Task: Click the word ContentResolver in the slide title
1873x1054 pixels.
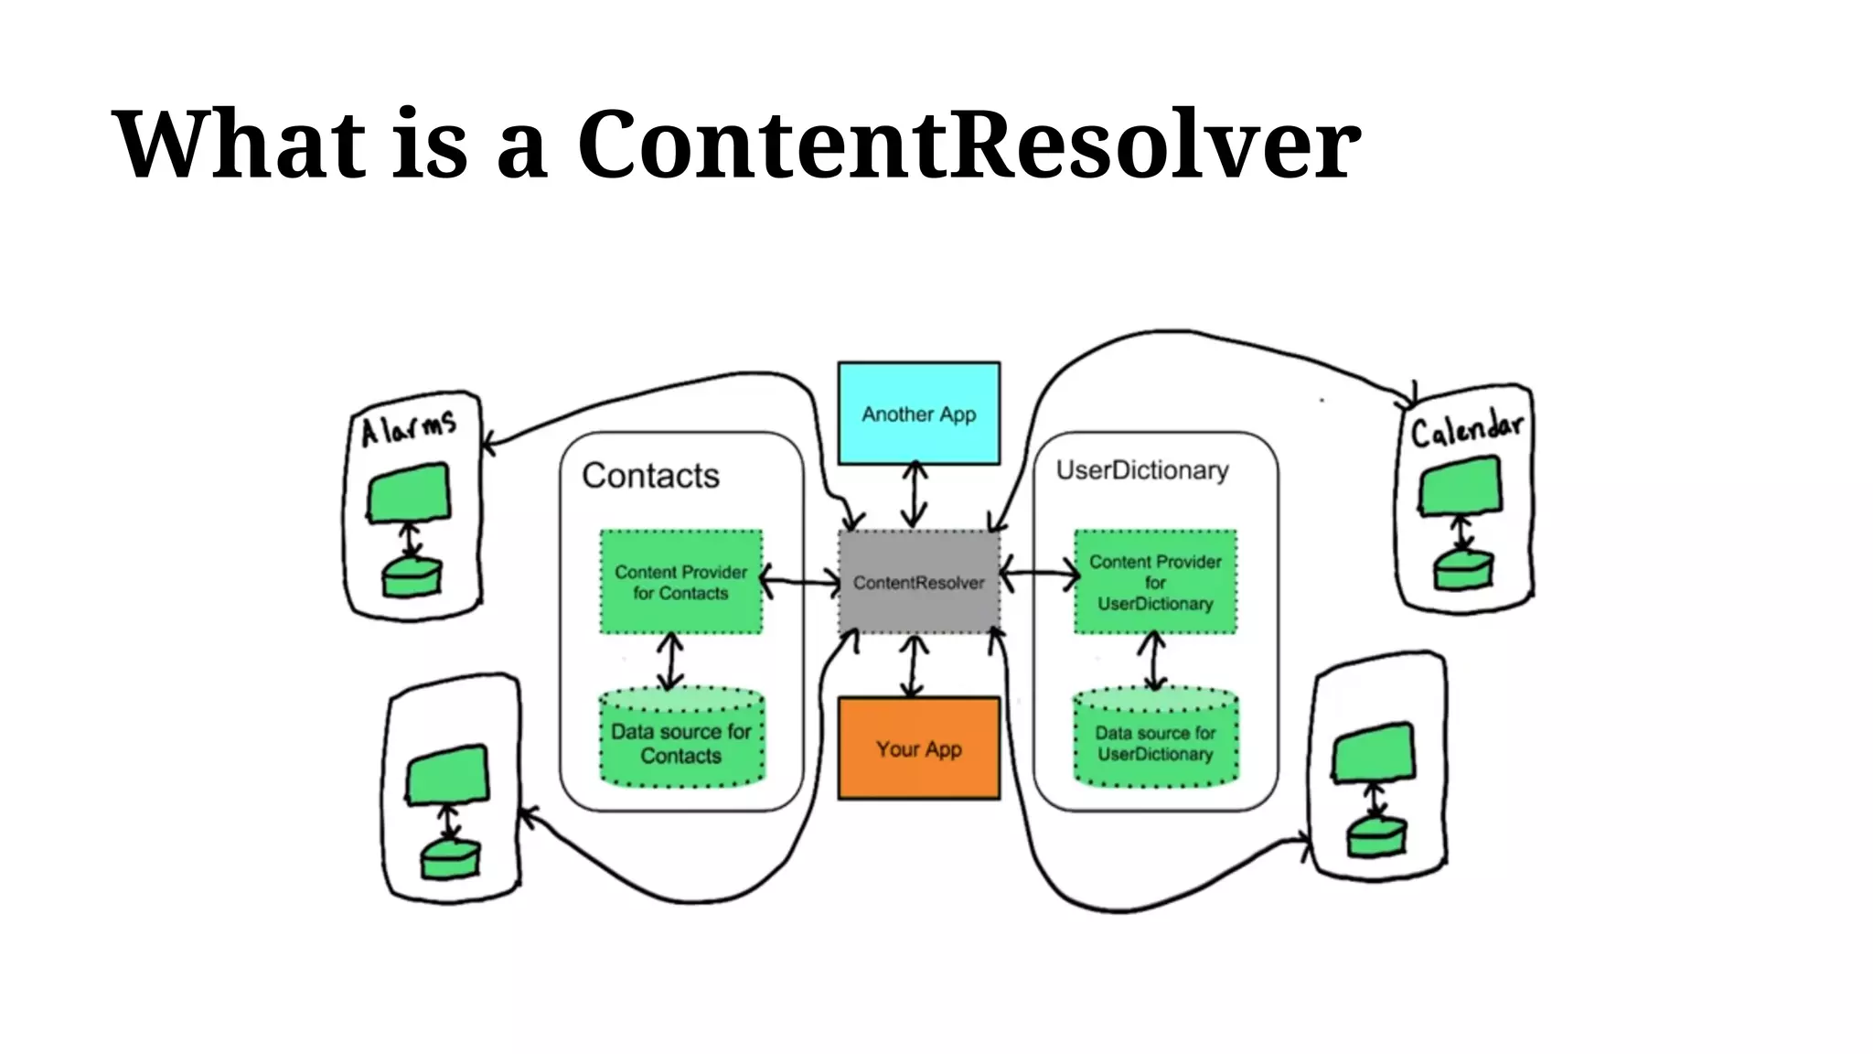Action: (x=968, y=145)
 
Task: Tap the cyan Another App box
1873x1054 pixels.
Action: (x=918, y=414)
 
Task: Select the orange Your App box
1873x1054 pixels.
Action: (x=918, y=748)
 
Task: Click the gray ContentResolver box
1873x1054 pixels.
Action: (x=918, y=582)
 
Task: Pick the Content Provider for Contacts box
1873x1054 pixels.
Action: (x=680, y=582)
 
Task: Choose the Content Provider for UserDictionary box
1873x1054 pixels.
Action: (x=1155, y=582)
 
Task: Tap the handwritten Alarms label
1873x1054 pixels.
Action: (x=408, y=428)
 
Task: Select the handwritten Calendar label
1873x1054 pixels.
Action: (x=1466, y=429)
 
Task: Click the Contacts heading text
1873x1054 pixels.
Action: (x=650, y=476)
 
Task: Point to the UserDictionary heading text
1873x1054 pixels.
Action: (x=1141, y=470)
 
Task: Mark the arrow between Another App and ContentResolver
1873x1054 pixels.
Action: (x=915, y=495)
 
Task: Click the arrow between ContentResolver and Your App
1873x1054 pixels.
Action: (x=913, y=665)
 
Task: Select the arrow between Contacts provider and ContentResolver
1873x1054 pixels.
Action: (x=800, y=581)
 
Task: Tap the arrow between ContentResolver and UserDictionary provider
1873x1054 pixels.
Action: (x=1039, y=575)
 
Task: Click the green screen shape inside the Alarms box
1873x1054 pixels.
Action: (x=409, y=494)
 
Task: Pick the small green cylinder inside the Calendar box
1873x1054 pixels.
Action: (x=1462, y=571)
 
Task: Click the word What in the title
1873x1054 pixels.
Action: (x=238, y=145)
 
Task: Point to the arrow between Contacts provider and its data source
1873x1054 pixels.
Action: (x=671, y=661)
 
